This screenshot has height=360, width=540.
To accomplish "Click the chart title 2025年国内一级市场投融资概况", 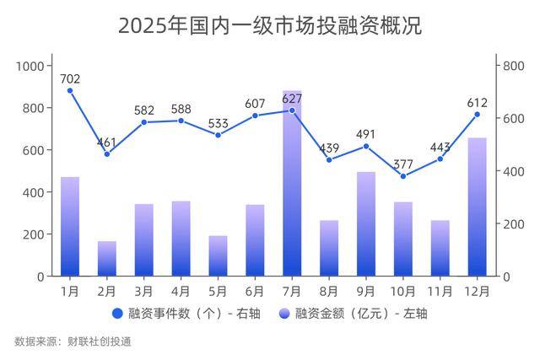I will pyautogui.click(x=269, y=25).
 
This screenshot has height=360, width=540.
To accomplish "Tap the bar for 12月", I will pyautogui.click(x=477, y=207).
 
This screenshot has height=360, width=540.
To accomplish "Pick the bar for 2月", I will pyautogui.click(x=107, y=259).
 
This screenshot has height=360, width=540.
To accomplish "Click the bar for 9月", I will pyautogui.click(x=366, y=224).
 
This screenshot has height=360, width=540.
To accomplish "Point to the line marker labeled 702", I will pyautogui.click(x=70, y=91).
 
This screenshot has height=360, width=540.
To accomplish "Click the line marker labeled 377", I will pyautogui.click(x=403, y=176).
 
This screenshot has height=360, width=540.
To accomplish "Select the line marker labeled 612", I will pyautogui.click(x=477, y=115).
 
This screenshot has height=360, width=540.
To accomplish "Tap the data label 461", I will pyautogui.click(x=107, y=142).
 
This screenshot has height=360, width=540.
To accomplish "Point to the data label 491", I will pyautogui.click(x=366, y=133).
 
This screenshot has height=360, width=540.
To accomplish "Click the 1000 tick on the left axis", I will pyautogui.click(x=30, y=66).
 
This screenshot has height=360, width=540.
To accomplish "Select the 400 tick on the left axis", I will pyautogui.click(x=33, y=192).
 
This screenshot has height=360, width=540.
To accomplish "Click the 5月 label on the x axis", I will pyautogui.click(x=218, y=291).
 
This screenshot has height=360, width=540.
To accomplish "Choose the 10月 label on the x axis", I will pyautogui.click(x=403, y=291).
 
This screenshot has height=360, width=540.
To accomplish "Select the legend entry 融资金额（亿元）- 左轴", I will pyautogui.click(x=354, y=314).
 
